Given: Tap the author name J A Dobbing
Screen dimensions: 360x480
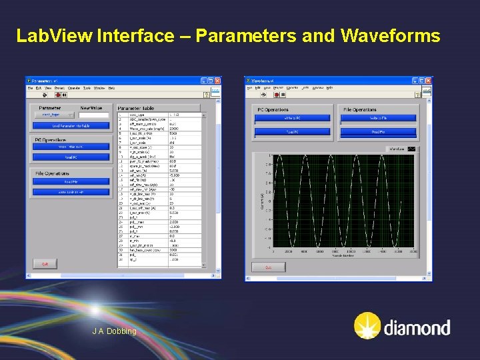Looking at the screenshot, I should pyautogui.click(x=115, y=331).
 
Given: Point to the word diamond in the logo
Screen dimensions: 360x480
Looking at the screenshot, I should pyautogui.click(x=417, y=327).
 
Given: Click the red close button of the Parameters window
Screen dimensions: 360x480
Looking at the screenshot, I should pyautogui.click(x=217, y=81).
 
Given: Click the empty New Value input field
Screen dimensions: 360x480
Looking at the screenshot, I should pyautogui.click(x=94, y=115).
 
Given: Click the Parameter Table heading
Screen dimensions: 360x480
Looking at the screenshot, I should pyautogui.click(x=136, y=108).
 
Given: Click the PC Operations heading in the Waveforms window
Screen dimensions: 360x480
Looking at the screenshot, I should pyautogui.click(x=274, y=109).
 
